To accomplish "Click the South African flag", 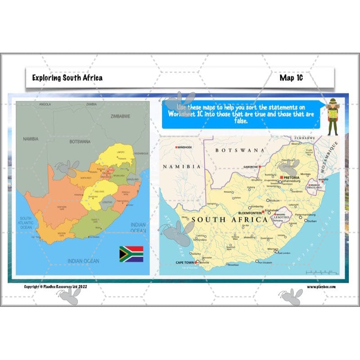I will point(131,254).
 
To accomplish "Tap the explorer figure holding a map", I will point(333,117).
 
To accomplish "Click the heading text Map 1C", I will point(291,78).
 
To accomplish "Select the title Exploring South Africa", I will point(67,78).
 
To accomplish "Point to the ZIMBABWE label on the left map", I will point(120,116).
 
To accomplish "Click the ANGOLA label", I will point(45,104).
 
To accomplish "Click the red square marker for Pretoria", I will point(281,178).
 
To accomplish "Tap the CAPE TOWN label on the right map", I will point(184,262).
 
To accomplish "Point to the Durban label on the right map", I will point(312,221).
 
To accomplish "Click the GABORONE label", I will point(251,166).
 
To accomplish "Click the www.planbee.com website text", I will point(321,286).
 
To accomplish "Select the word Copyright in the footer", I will point(32,286).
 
